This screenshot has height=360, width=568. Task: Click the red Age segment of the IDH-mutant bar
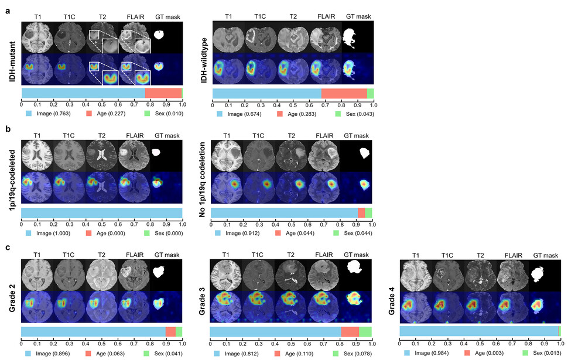pyautogui.click(x=163, y=93)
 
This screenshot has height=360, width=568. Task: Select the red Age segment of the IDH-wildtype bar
pyautogui.click(x=344, y=94)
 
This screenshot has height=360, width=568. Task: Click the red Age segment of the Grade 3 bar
pyautogui.click(x=350, y=332)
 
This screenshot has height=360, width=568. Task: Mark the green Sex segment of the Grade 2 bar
pyautogui.click(x=179, y=332)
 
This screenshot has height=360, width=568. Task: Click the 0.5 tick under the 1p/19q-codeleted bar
pyautogui.click(x=102, y=222)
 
